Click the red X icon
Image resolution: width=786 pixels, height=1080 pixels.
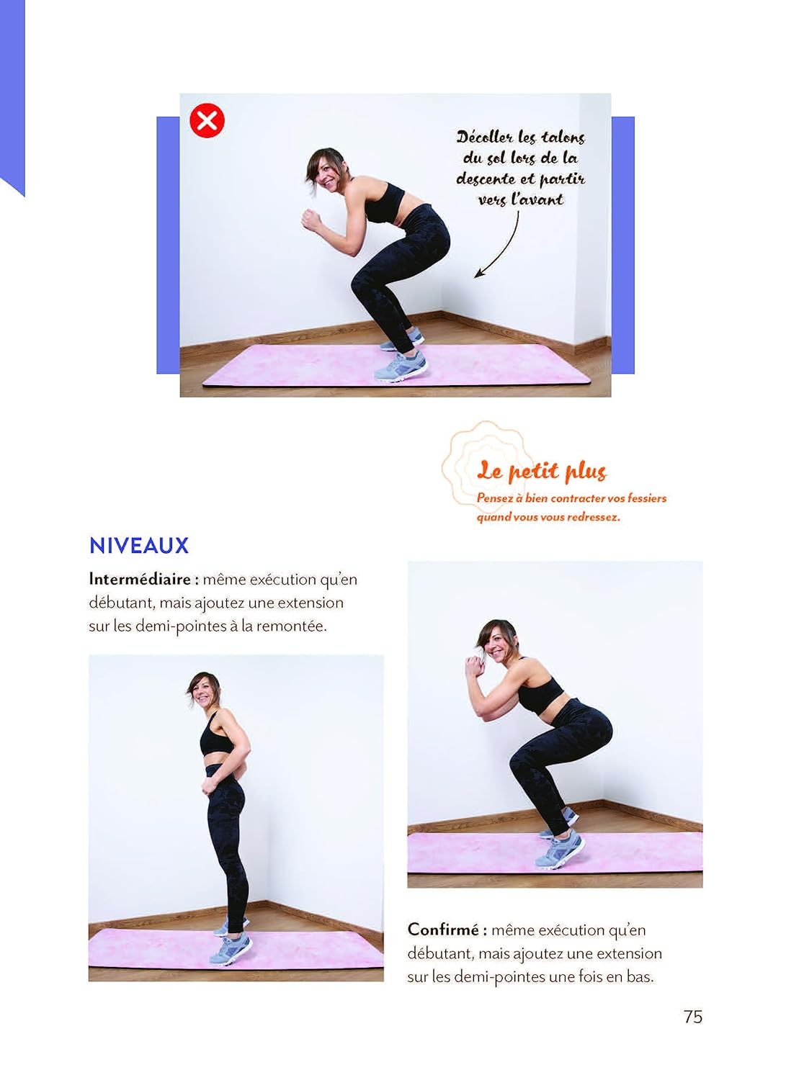pos(207,120)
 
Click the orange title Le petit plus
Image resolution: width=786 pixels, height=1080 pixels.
pos(541,471)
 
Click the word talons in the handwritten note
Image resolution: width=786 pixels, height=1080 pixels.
pos(562,138)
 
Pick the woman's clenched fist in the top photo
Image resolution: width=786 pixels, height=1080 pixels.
pos(311,220)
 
